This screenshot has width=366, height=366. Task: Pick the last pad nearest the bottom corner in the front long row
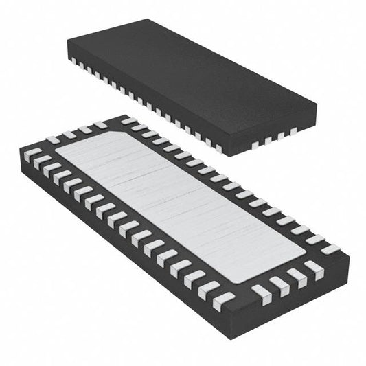tap(223, 299)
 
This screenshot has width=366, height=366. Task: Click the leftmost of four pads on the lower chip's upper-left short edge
tap(54, 139)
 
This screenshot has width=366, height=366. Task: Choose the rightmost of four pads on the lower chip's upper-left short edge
tap(100, 125)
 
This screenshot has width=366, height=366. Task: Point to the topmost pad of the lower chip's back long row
tap(128, 122)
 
